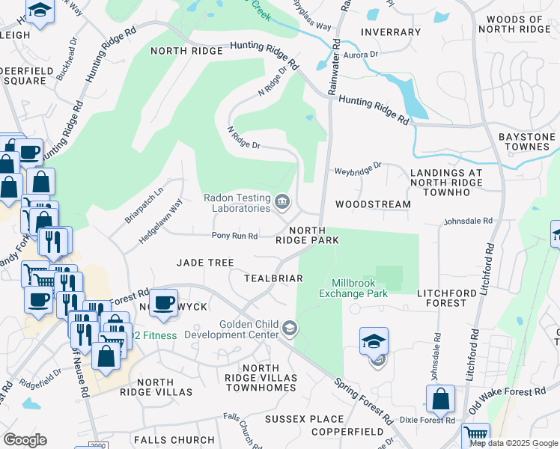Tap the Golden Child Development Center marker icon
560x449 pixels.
pos(289,328)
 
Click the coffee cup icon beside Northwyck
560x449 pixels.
pos(163,302)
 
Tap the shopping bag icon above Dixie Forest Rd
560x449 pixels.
pos(441,398)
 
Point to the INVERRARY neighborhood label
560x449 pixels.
pos(390,32)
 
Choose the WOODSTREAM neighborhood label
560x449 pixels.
pos(373,204)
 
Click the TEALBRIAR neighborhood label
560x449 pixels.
pos(273,278)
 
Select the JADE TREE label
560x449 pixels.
pos(205,263)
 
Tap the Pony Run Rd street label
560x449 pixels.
pos(235,236)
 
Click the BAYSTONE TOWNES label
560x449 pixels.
pos(527,141)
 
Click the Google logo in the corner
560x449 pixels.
pos(25,440)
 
